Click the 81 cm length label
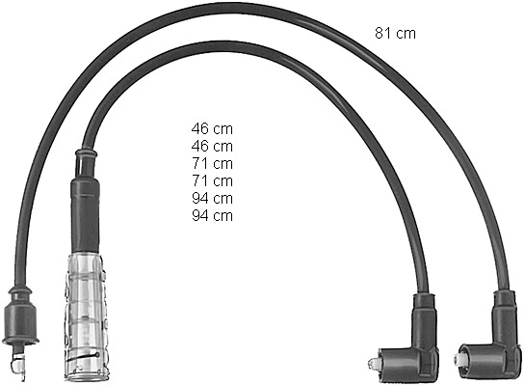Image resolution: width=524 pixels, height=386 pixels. pyautogui.click(x=395, y=34)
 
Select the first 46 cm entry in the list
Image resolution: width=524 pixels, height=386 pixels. pyautogui.click(x=212, y=128)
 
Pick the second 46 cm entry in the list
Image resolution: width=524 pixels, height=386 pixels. pyautogui.click(x=212, y=146)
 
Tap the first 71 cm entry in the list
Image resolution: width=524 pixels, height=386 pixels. pyautogui.click(x=212, y=163)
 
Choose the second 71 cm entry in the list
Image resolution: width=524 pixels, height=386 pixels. pyautogui.click(x=212, y=180)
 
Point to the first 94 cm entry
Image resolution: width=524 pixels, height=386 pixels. pyautogui.click(x=212, y=198)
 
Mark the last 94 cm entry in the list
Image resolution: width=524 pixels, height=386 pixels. pyautogui.click(x=212, y=215)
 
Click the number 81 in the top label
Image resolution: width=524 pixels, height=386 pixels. pyautogui.click(x=381, y=34)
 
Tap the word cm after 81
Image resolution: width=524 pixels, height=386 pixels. pyautogui.click(x=406, y=34)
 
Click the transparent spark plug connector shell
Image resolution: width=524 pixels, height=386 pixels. pyautogui.click(x=85, y=317)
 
